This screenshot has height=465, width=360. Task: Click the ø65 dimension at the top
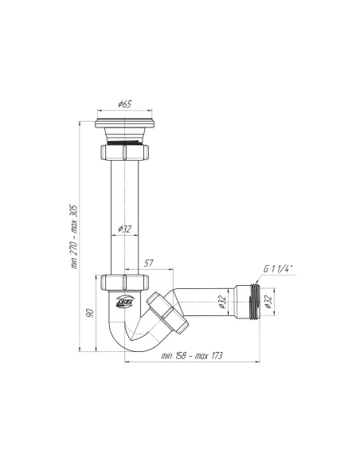(124, 104)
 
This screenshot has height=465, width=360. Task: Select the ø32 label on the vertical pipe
(124, 229)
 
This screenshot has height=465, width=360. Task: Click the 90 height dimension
(89, 311)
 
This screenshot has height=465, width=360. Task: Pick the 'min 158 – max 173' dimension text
(192, 355)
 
